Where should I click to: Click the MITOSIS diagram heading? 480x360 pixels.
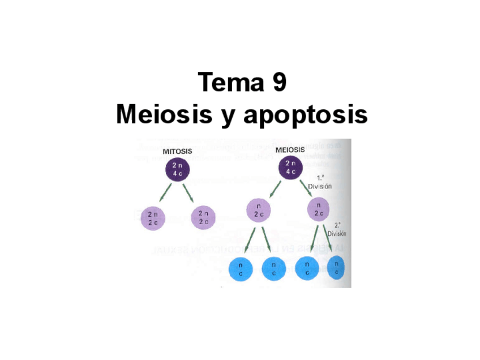pyautogui.click(x=178, y=151)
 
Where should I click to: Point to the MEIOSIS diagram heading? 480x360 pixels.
pyautogui.click(x=290, y=151)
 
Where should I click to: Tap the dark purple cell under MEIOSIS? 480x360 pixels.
pyautogui.click(x=291, y=168)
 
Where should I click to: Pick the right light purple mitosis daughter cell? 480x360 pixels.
pyautogui.click(x=203, y=218)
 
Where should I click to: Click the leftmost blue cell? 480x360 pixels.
pyautogui.click(x=241, y=268)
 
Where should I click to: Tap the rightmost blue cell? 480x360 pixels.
pyautogui.click(x=337, y=267)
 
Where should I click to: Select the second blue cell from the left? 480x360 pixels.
pyautogui.click(x=275, y=268)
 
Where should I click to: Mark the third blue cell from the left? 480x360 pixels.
pyautogui.click(x=307, y=268)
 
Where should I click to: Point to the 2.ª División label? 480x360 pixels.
pyautogui.click(x=336, y=229)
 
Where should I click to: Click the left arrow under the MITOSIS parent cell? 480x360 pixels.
pyautogui.click(x=165, y=192)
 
